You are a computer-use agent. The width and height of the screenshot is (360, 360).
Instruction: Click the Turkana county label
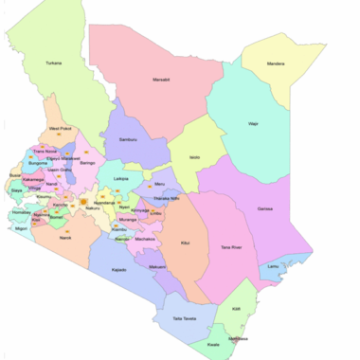(x=54, y=63)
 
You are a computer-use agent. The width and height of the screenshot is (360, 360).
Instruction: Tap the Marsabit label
(x=161, y=80)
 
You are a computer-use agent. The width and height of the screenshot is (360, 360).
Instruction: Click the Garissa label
(x=267, y=208)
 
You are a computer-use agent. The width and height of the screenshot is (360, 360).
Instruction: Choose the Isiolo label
(x=194, y=156)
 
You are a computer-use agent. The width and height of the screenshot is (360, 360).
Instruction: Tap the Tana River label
(x=231, y=247)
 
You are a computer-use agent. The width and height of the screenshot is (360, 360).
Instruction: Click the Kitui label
(x=184, y=243)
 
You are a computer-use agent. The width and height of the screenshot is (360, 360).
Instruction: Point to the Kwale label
(x=214, y=345)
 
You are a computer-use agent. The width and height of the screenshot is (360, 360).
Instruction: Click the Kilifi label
(x=236, y=309)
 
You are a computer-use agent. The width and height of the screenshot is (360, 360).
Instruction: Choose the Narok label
(x=65, y=238)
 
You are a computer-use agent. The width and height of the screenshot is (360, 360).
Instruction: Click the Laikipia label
(x=120, y=178)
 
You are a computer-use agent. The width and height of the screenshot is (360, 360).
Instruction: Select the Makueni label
(x=157, y=267)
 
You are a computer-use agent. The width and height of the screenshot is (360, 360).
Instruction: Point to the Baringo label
(x=88, y=163)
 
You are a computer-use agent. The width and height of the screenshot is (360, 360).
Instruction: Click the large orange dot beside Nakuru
(x=83, y=202)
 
